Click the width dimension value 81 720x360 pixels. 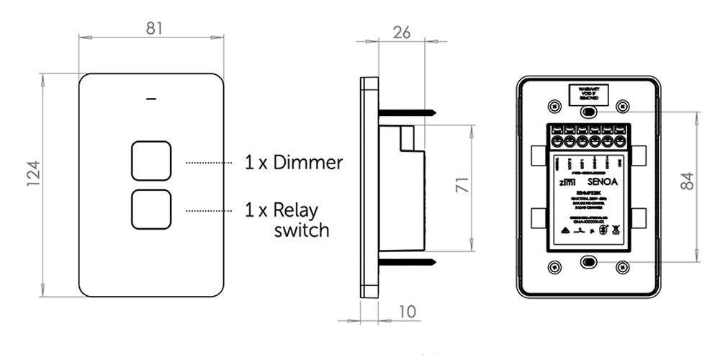[153, 28]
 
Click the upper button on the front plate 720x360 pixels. [151, 161]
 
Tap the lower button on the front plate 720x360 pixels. [151, 210]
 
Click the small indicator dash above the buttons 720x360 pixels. [151, 99]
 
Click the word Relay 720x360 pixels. [296, 211]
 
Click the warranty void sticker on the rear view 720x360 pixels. [588, 94]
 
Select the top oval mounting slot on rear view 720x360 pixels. [588, 112]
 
